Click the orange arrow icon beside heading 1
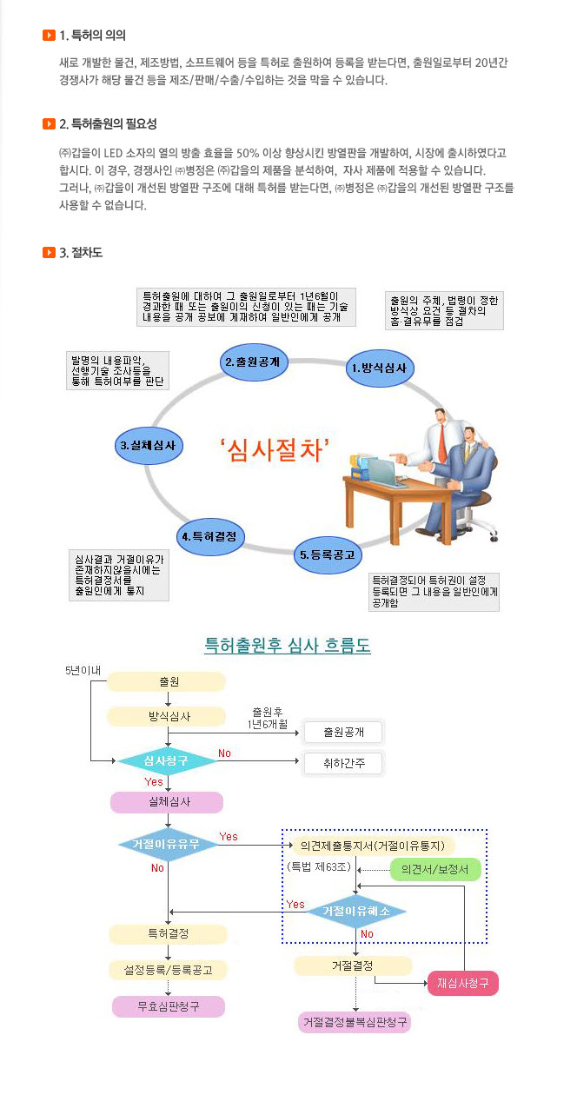point(49,35)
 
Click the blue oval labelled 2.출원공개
point(253,362)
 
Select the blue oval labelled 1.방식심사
point(380,368)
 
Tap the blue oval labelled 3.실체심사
point(149,445)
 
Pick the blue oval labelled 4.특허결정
point(209,537)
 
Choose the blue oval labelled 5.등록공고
point(328,554)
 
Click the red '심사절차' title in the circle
point(275,450)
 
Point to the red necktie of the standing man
point(441,443)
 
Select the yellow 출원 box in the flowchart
point(166,682)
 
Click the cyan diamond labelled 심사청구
point(166,760)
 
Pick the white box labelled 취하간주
point(343,763)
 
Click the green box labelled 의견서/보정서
point(435,870)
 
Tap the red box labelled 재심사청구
point(462,983)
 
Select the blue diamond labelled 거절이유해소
point(356,911)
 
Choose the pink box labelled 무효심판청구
point(169,1006)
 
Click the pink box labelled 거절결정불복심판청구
point(355,1022)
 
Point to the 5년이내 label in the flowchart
point(83,671)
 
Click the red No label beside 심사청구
point(224,753)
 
